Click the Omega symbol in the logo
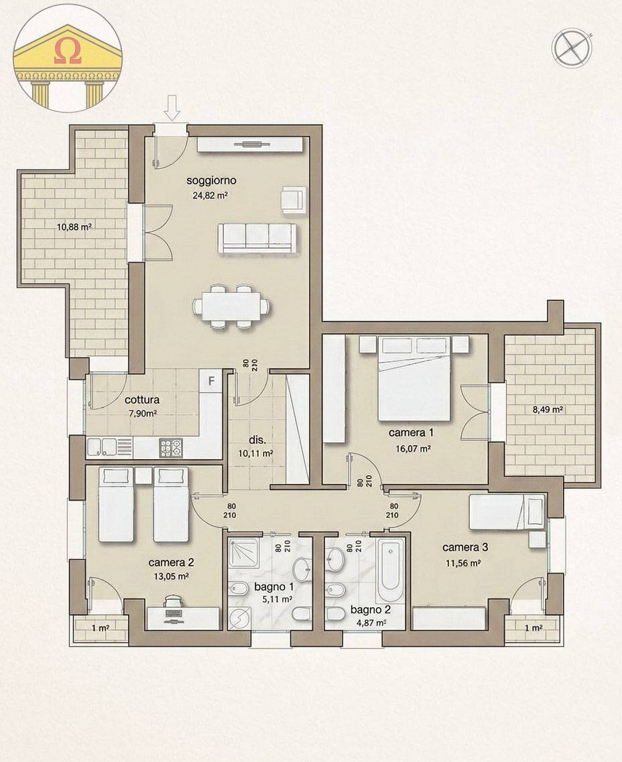pyautogui.click(x=68, y=54)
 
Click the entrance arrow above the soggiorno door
pyautogui.click(x=172, y=107)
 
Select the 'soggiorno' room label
pyautogui.click(x=212, y=180)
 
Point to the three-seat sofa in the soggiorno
pyautogui.click(x=257, y=238)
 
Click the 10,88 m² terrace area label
pyautogui.click(x=74, y=227)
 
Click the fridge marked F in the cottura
pyautogui.click(x=211, y=381)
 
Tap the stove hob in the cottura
pyautogui.click(x=170, y=447)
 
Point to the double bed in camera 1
pyautogui.click(x=414, y=379)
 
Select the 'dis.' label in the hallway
pyautogui.click(x=257, y=440)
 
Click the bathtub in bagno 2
pyautogui.click(x=389, y=570)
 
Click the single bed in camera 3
pyautogui.click(x=506, y=513)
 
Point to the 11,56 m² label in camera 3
pyautogui.click(x=462, y=564)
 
